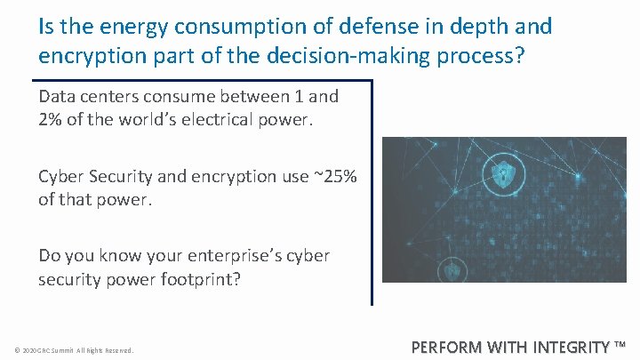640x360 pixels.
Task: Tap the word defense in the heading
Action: (381, 27)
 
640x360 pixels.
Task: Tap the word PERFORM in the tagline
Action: (449, 347)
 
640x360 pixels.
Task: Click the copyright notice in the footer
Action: (74, 350)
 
